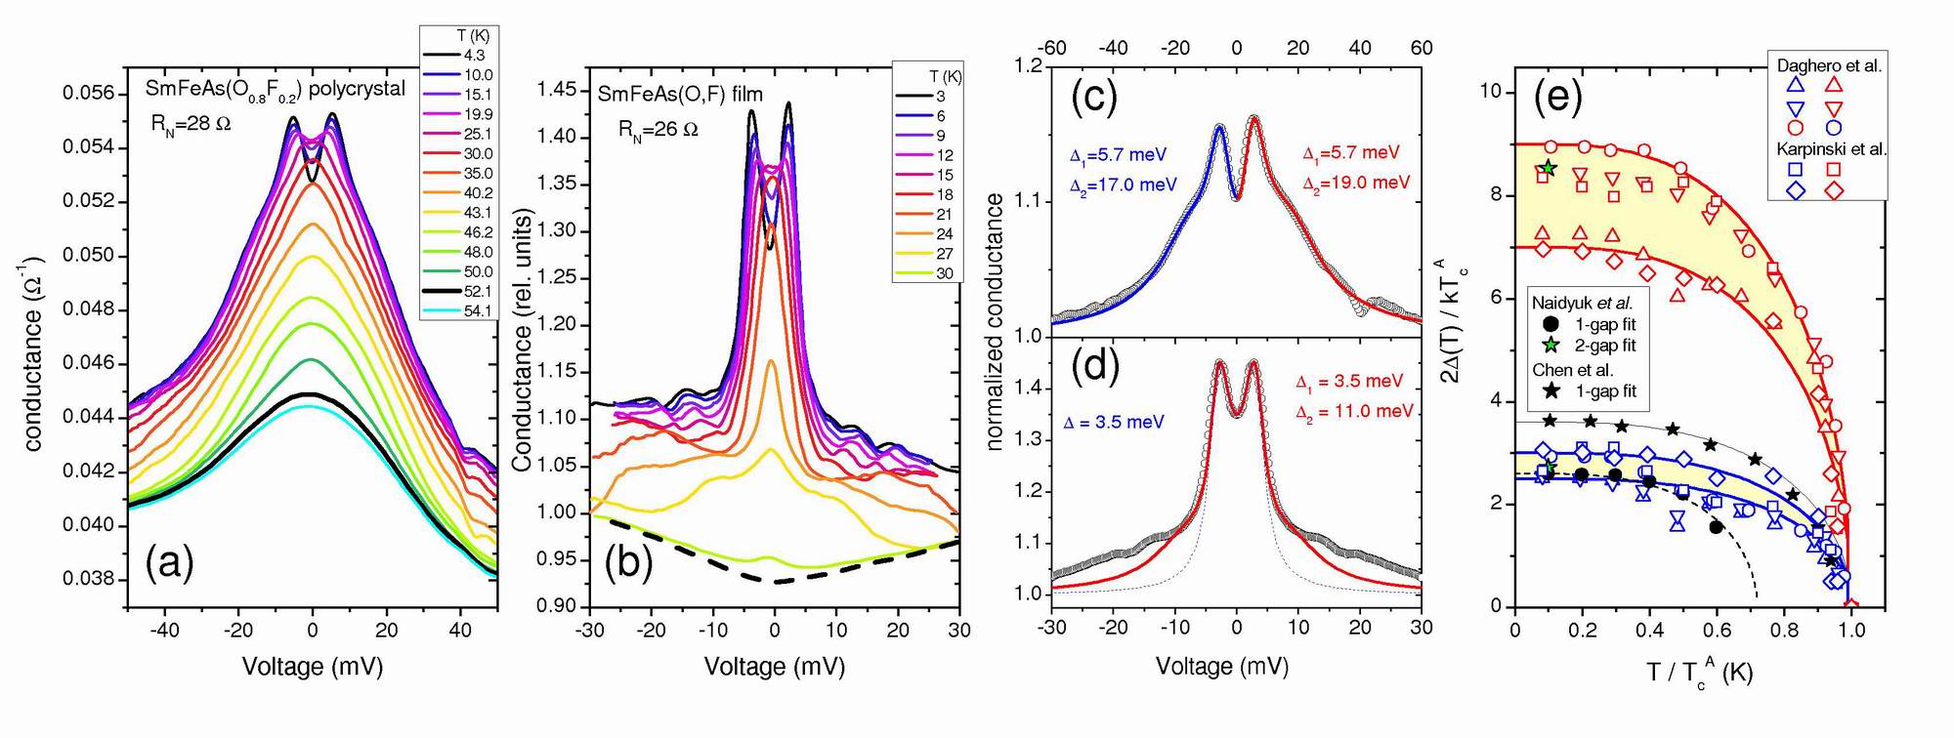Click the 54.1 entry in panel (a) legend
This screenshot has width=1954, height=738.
coord(477,310)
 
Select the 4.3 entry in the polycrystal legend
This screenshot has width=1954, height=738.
coord(474,56)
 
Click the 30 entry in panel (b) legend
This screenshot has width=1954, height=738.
coord(945,273)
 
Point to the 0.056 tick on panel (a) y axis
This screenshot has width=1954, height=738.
coord(89,94)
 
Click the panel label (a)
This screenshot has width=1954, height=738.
coord(169,563)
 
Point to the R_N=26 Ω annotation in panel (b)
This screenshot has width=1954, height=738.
coord(658,129)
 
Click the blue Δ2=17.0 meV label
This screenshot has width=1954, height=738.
coord(1123,184)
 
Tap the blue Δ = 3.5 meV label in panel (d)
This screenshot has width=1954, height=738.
coord(1114,422)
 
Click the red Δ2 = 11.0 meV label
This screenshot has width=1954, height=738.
coord(1355,411)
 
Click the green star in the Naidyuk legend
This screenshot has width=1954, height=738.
coord(1550,346)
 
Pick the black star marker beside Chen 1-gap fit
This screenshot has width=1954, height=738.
coord(1550,391)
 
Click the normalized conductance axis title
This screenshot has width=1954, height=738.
coord(996,322)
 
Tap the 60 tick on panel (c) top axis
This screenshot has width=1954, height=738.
coord(1422,48)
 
